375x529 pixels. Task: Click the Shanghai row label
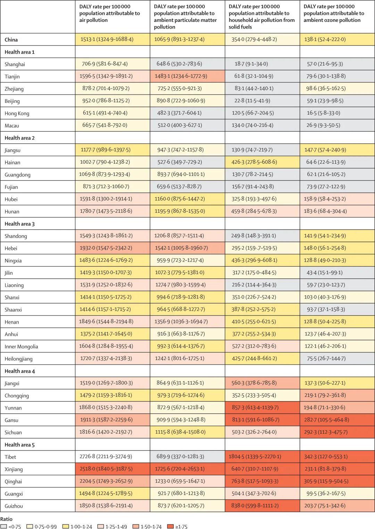(x=15, y=64)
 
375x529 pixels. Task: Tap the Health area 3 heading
(x=19, y=224)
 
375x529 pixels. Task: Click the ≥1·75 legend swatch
(x=170, y=526)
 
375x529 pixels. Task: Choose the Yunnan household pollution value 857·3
(x=255, y=407)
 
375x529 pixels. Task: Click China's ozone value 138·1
(x=325, y=39)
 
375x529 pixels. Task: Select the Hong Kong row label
(x=17, y=113)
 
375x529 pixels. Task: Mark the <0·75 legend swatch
(x=4, y=526)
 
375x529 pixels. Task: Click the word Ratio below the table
(x=6, y=519)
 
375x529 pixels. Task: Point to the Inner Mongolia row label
(x=22, y=347)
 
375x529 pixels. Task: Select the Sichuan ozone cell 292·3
(x=326, y=432)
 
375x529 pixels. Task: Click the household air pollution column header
(x=261, y=17)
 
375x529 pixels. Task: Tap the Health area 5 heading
(x=19, y=445)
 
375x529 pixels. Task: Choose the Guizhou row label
(x=14, y=506)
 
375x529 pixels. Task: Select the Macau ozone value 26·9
(x=323, y=125)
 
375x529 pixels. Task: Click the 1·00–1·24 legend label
(x=81, y=526)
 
